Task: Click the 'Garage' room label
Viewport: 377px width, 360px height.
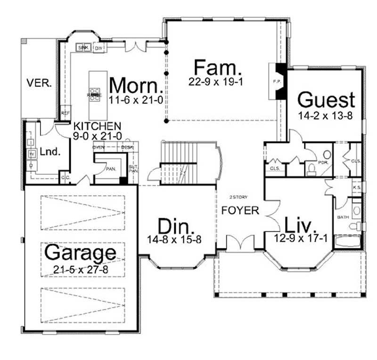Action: point(80,253)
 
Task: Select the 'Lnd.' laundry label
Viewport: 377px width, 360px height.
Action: point(49,152)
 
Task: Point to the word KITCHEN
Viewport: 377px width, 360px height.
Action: point(97,126)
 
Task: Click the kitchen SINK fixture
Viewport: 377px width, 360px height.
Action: point(83,48)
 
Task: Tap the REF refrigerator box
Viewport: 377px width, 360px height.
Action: point(65,114)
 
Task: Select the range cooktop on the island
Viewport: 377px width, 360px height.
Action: point(94,95)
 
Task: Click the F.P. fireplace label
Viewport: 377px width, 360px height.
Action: point(277,82)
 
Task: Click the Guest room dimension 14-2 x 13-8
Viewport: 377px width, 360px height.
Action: point(326,115)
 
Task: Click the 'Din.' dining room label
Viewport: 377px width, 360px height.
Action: point(173,226)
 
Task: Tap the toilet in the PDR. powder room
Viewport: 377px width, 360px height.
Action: point(312,169)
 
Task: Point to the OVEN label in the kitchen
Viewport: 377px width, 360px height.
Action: point(98,147)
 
